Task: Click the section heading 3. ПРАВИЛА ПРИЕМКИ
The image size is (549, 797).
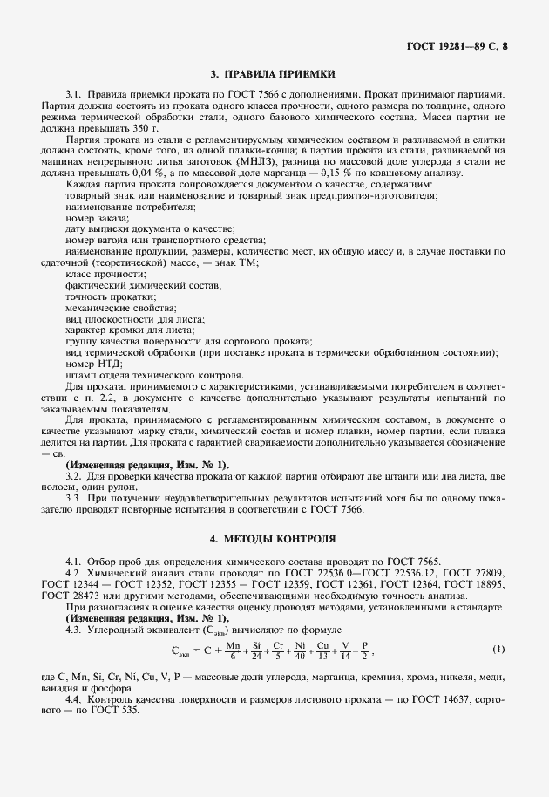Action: (274, 74)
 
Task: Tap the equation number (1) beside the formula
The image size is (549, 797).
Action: (498, 650)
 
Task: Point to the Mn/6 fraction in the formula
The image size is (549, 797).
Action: (232, 650)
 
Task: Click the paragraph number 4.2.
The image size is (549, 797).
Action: (73, 572)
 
